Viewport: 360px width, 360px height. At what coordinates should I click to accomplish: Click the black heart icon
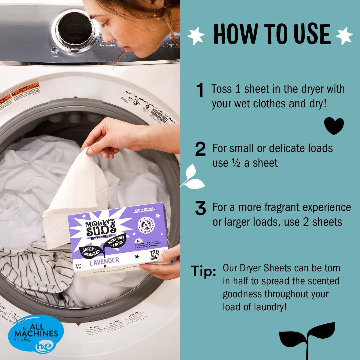click(334, 126)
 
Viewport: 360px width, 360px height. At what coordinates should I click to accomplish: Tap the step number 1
click(200, 91)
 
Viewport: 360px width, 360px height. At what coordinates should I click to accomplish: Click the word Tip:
click(203, 272)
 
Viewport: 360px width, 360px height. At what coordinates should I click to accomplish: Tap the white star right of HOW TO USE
click(344, 35)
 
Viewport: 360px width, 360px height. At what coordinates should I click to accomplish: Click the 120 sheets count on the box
click(154, 253)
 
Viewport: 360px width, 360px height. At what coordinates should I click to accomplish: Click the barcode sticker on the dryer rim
click(159, 115)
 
